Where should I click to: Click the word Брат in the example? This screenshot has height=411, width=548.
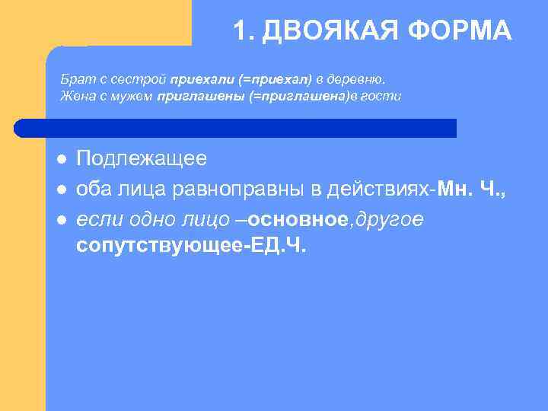point(73,79)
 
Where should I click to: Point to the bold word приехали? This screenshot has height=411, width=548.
point(195,79)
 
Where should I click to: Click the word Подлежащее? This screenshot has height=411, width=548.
point(141,158)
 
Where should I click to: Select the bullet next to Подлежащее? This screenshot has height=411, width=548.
point(61,159)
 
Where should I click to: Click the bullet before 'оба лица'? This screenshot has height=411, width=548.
point(61,190)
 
